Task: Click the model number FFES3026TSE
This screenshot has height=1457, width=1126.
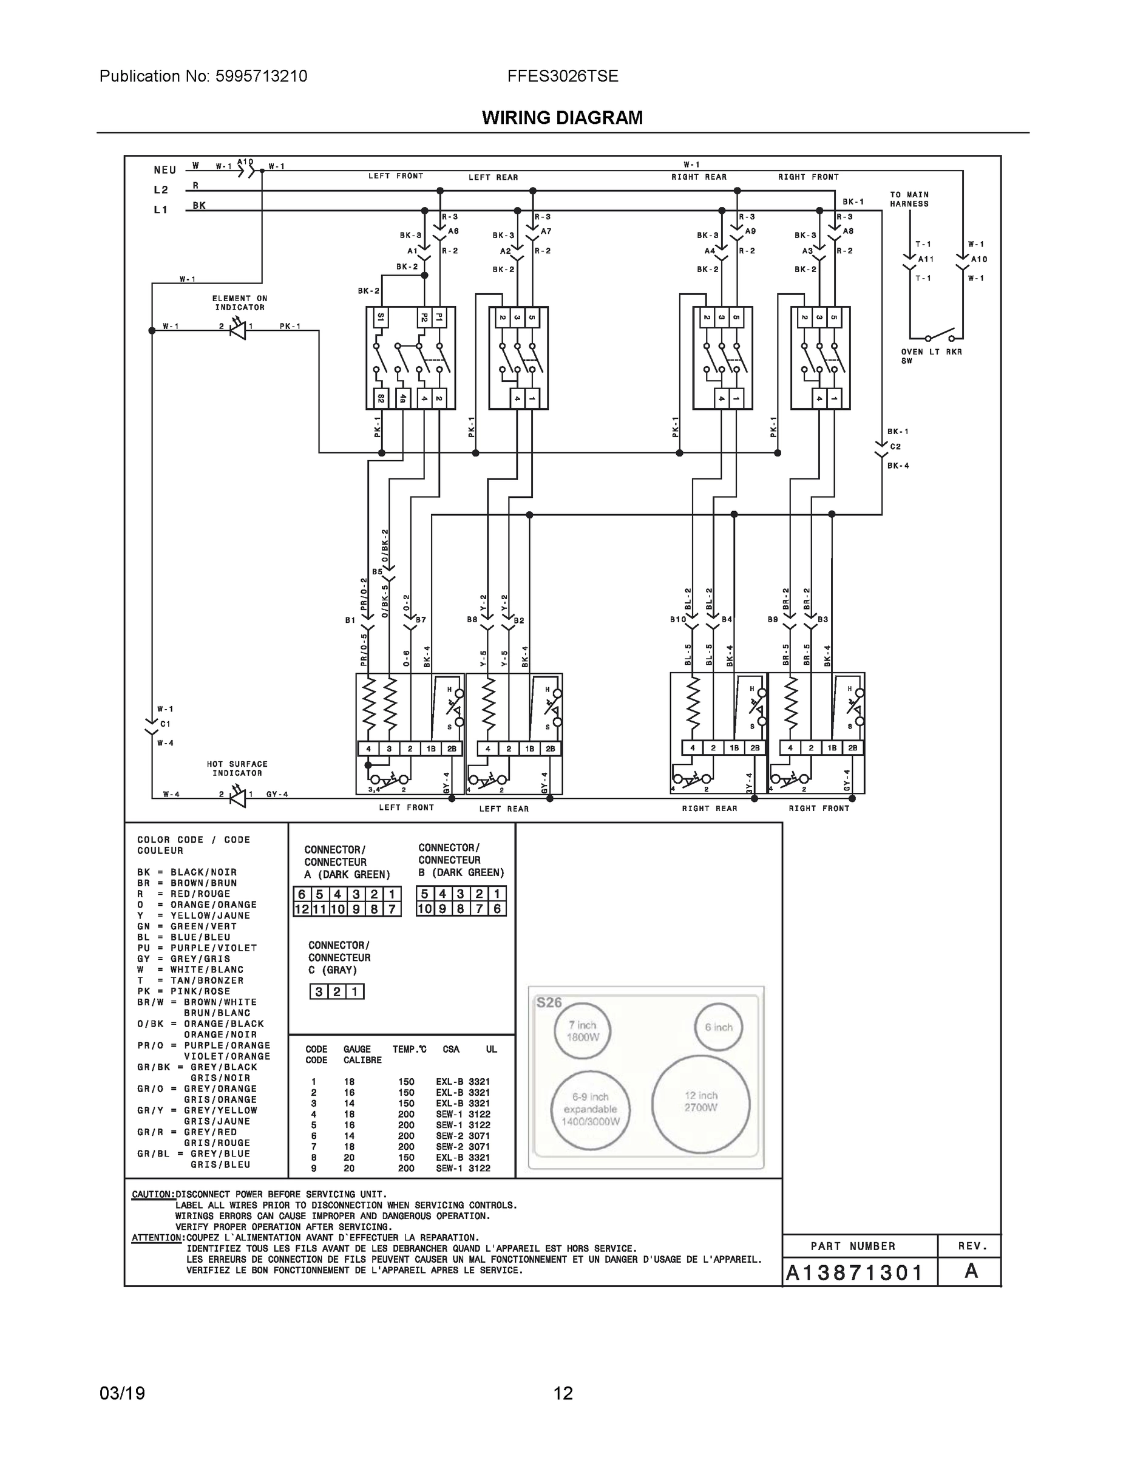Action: (562, 76)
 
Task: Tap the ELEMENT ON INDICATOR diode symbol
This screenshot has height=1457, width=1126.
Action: (237, 329)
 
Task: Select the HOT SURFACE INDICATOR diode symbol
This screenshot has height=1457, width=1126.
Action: (237, 796)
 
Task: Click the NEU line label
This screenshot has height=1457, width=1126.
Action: (164, 170)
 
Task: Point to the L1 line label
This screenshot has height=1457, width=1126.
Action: (161, 209)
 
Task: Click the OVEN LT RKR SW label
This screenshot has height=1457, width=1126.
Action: (931, 356)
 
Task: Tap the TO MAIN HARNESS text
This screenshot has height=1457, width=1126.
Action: (909, 199)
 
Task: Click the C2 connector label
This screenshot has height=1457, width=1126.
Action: (895, 446)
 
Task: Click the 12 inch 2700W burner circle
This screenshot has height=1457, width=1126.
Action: (700, 1104)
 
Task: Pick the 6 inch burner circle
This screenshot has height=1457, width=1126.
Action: (719, 1027)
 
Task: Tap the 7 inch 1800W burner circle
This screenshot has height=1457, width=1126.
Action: (582, 1031)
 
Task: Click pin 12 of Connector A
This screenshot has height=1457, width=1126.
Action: (302, 909)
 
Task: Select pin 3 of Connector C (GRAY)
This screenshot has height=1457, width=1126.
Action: (319, 992)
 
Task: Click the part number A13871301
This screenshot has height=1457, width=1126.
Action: (854, 1272)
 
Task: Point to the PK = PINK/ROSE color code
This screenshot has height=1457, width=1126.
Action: (183, 991)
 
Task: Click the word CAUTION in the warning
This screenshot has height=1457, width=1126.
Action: (153, 1194)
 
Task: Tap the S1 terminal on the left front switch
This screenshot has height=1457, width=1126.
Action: (381, 318)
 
